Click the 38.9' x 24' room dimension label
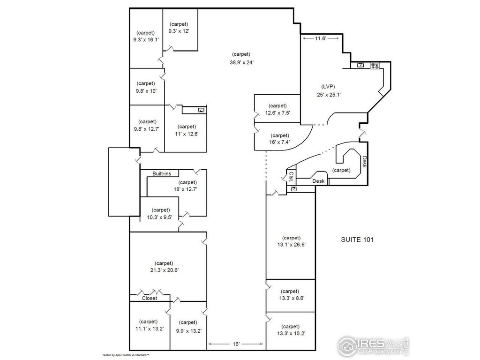click(x=242, y=62)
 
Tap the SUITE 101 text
click(x=357, y=240)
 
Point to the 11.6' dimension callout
click(x=320, y=38)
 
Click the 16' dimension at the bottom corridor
click(x=236, y=344)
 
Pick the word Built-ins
click(x=162, y=174)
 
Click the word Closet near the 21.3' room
click(x=150, y=298)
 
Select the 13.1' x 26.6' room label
click(x=291, y=244)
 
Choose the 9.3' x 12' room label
click(x=179, y=31)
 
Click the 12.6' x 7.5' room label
click(x=277, y=112)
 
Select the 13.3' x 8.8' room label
click(x=291, y=298)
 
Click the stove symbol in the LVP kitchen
click(x=375, y=66)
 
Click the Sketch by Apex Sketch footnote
click(x=126, y=355)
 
